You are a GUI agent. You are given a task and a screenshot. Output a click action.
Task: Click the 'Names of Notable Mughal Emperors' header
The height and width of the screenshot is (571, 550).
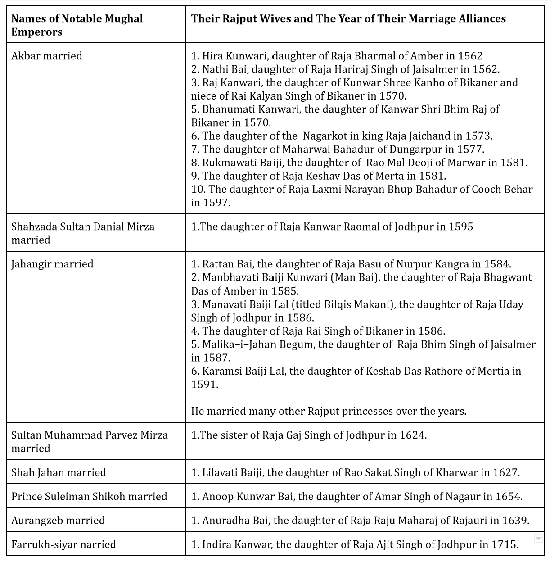(77, 25)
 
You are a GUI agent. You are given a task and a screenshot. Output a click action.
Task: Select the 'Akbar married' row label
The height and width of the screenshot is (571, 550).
(47, 56)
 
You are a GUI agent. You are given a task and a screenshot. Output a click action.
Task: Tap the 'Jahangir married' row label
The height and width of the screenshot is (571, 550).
(52, 264)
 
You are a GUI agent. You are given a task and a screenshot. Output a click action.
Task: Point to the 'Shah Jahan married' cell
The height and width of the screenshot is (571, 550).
(59, 473)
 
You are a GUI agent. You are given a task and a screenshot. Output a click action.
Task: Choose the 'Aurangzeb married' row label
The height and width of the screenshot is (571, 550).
(58, 521)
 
